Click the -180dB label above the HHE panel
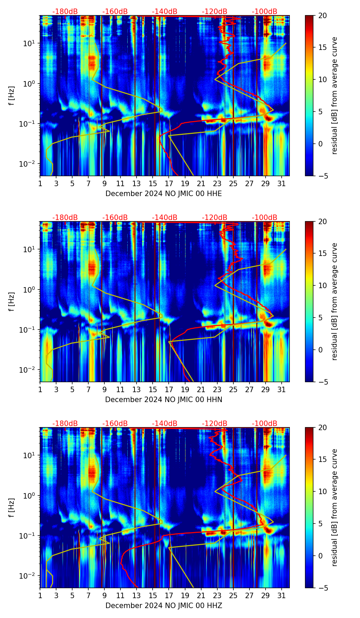65,12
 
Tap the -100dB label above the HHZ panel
265,424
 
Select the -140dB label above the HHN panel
165,218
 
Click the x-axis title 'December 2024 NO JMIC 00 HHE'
164,194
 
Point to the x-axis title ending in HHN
164,400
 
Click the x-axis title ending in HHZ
164,606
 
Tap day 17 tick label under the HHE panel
169,183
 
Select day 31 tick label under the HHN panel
282,389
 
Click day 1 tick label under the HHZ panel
40,595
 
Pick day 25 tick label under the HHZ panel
233,595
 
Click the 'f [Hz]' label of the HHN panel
12,301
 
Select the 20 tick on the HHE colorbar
322,16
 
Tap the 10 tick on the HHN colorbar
322,285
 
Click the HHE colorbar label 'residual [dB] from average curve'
335,95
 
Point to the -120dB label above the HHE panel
215,12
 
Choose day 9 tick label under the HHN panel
105,389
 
